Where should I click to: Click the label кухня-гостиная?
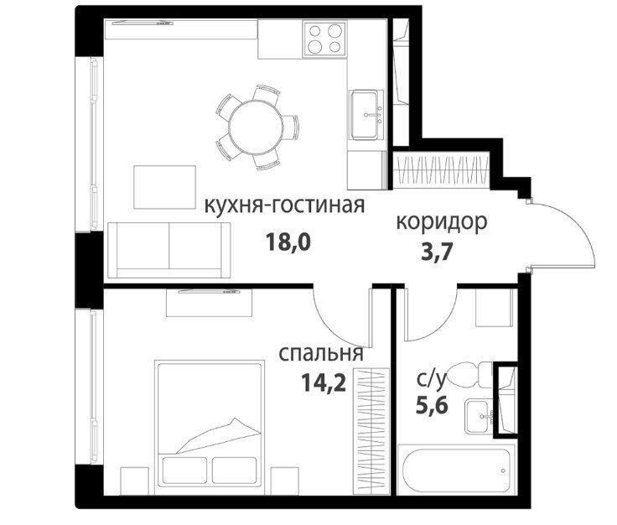point(284,205)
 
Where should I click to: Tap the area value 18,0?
point(288,242)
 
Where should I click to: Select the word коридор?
point(442,223)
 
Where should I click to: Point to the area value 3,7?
point(438,252)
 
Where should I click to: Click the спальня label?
point(321,354)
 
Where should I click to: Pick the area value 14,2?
point(324,382)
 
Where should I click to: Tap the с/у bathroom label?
point(431,380)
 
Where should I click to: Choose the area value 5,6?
point(432,405)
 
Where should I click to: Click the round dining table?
point(257,127)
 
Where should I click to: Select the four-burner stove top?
point(324,39)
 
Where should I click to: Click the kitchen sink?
point(366,115)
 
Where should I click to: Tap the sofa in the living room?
point(169,250)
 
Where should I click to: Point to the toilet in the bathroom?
point(469,374)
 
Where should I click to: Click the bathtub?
point(456,469)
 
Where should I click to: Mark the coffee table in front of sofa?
point(164,187)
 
